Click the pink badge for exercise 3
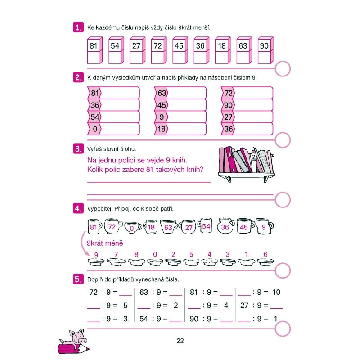78,148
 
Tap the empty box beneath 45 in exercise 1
180,57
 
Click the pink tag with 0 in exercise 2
94,129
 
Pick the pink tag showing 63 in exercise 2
161,93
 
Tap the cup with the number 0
133,227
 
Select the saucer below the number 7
116,261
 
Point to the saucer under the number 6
265,262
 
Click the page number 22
180,341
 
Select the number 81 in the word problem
149,170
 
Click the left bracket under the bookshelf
228,178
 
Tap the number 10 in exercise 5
276,292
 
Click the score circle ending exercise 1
283,69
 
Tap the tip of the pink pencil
89,350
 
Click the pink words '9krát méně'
105,243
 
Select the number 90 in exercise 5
194,319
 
